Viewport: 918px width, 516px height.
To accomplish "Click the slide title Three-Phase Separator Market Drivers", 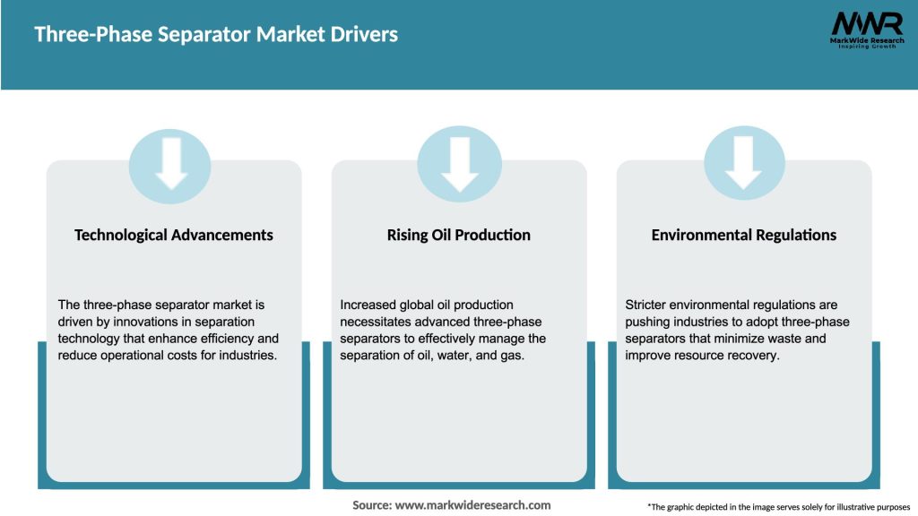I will coord(216,35).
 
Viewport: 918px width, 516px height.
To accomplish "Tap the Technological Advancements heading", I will coord(174,235).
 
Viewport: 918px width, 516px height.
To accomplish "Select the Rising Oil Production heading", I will coord(459,235).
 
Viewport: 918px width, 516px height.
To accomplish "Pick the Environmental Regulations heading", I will coord(744,235).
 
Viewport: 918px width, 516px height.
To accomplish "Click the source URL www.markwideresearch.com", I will coord(472,505).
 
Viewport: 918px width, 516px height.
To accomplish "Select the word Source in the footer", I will coord(372,505).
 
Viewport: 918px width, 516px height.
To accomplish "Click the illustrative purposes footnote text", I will coord(778,507).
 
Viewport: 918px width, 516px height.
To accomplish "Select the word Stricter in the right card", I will coord(647,305).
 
